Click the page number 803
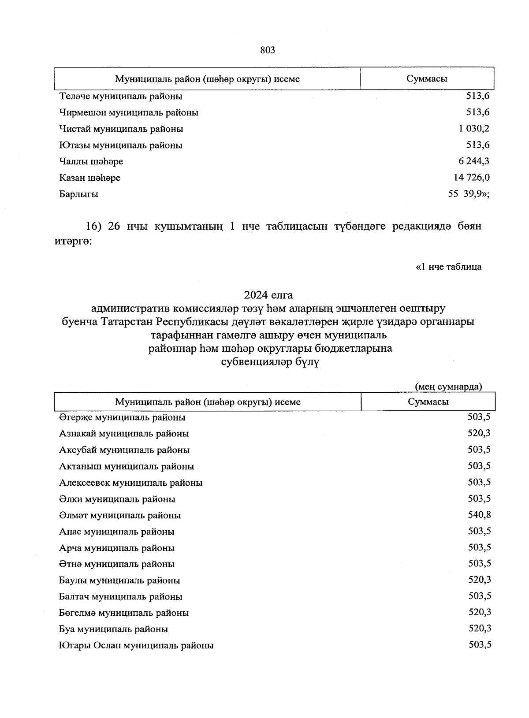tap(268, 50)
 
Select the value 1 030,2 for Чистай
tap(473, 129)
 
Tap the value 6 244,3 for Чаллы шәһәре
tap(473, 161)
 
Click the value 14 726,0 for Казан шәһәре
tap(471, 178)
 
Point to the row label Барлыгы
tap(79, 194)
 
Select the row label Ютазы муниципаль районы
tap(121, 145)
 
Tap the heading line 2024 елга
tap(268, 294)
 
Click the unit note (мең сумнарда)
tap(449, 387)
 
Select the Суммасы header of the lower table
tap(428, 402)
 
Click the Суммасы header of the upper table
tap(427, 79)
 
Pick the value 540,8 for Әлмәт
tap(480, 515)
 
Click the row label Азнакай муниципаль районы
tap(124, 434)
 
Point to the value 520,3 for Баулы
tap(480, 580)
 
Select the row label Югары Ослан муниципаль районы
tap(136, 646)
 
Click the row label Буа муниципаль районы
tap(113, 629)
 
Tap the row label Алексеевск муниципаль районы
tap(131, 483)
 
